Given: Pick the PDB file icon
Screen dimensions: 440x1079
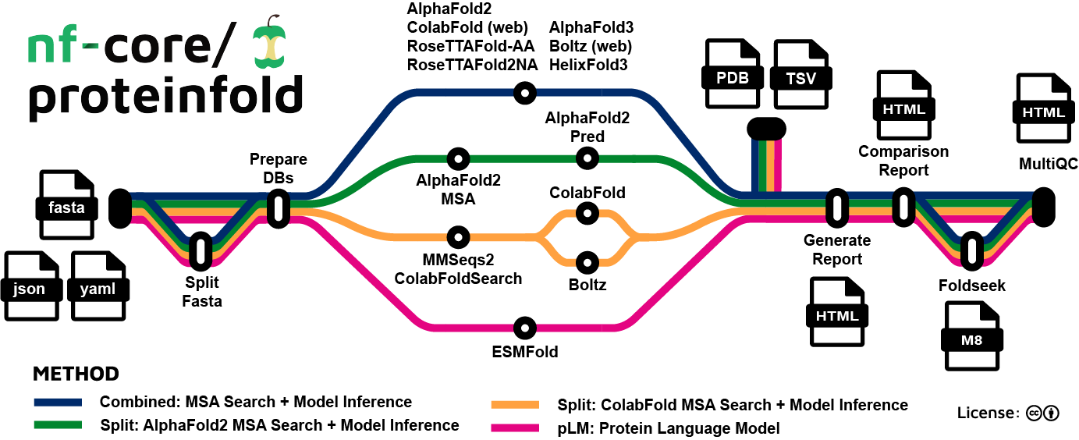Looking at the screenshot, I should coord(733,76).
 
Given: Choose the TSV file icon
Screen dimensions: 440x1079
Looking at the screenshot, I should coord(800,76).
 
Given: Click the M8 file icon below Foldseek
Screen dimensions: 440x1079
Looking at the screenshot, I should coord(972,337).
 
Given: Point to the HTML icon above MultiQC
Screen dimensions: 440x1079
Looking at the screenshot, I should coord(1043,110).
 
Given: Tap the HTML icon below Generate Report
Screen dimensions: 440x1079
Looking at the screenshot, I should coord(837,313).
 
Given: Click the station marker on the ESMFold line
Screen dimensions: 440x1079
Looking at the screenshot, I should coord(524,328).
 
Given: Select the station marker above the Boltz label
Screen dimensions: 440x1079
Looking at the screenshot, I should coord(587,261).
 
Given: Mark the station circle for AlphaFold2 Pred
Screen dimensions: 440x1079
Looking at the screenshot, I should coord(587,158).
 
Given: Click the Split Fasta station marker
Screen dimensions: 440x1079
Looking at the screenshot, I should coord(202,250).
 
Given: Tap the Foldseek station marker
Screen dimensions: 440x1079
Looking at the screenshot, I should coord(972,250).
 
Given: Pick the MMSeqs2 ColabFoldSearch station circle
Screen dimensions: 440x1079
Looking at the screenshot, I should coord(458,236).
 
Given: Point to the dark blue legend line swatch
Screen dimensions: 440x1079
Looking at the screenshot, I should coord(58,403).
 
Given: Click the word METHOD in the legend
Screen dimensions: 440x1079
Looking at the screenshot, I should coord(76,374).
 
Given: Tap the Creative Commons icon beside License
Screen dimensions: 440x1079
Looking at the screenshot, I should coord(1035,413).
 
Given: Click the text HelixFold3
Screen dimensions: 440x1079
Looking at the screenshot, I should coord(588,66).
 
